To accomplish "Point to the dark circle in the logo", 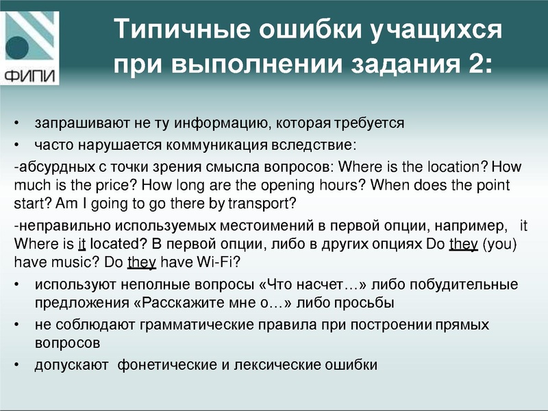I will pos(20,49).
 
